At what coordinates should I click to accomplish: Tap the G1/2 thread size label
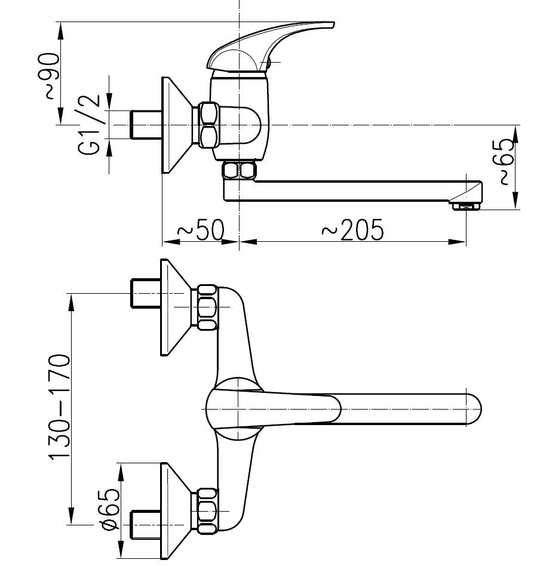click(88, 125)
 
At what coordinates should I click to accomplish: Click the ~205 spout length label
click(352, 230)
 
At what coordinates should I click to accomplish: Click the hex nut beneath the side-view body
click(238, 171)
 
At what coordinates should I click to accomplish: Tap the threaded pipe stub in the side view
click(145, 125)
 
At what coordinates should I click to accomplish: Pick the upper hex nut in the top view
click(207, 308)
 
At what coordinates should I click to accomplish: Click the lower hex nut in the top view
click(207, 510)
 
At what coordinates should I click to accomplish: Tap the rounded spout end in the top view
click(472, 409)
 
